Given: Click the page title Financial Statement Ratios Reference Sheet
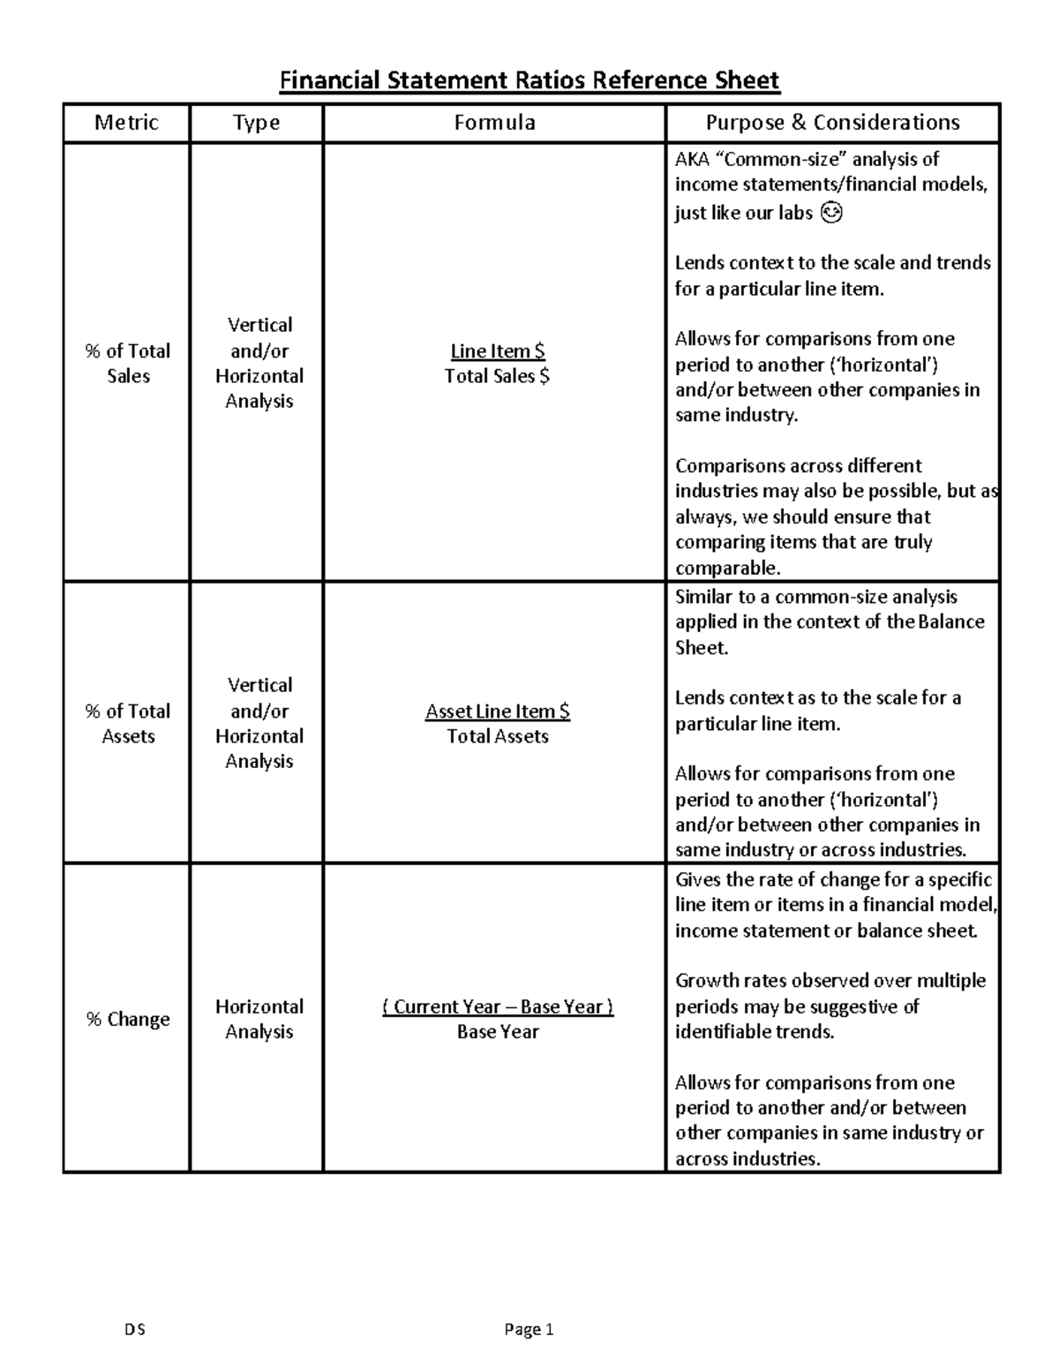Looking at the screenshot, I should tap(529, 81).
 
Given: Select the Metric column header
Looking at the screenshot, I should tap(126, 123).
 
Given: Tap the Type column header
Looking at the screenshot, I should tap(256, 123).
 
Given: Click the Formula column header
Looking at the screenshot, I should tap(494, 123).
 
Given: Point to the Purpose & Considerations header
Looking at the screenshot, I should tap(832, 123).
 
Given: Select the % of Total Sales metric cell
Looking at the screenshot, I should tap(127, 363).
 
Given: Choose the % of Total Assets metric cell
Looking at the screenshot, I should tap(127, 723).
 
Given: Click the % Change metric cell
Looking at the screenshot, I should tap(127, 1019).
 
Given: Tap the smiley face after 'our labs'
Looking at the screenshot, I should tap(831, 213).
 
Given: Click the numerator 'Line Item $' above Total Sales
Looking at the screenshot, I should tap(497, 350).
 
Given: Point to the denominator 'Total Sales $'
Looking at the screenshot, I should tap(497, 376).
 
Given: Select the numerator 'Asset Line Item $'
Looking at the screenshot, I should tap(497, 711).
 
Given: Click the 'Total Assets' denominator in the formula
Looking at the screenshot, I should tap(497, 736).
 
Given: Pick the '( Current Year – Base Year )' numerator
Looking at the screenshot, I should tap(497, 1006).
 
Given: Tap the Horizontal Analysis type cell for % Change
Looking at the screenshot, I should tap(259, 1019).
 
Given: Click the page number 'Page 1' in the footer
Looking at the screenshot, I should tap(529, 1330).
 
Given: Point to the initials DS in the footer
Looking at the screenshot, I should tap(135, 1330).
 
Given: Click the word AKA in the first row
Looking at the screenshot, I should tap(692, 160).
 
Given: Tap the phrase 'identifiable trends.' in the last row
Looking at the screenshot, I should tap(754, 1032).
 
